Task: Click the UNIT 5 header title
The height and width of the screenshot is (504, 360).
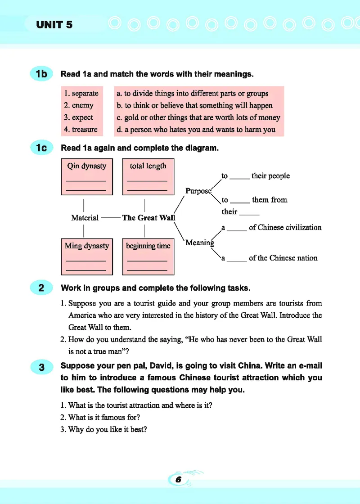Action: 54,25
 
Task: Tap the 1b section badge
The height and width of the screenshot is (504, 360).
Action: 41,74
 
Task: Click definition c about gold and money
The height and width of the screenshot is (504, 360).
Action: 198,117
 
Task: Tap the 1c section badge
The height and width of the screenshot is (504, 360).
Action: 41,148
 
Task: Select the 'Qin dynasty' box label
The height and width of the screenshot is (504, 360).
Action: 87,166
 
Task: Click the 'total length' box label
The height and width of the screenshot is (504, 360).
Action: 148,166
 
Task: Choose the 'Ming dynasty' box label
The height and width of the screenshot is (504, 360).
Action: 87,246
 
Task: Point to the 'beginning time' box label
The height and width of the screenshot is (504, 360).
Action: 148,246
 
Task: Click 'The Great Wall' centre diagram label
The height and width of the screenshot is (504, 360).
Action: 148,218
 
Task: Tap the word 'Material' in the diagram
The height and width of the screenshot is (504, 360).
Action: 85,218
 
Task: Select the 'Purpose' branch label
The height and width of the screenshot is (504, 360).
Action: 198,191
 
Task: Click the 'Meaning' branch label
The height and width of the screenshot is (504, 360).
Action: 199,243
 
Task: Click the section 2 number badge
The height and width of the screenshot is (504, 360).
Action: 41,288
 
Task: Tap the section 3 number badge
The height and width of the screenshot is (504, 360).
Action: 41,367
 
